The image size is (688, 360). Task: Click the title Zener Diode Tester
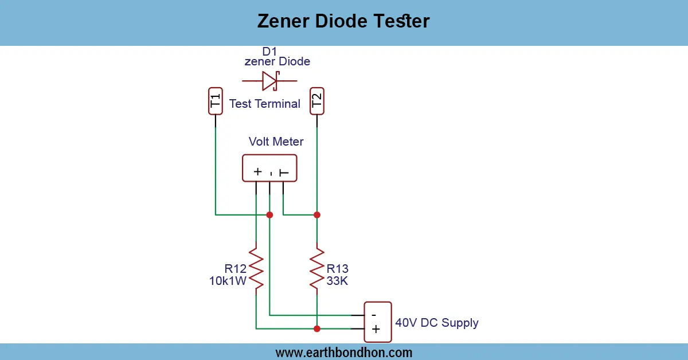[x=343, y=21]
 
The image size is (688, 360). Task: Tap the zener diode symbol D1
[x=269, y=81]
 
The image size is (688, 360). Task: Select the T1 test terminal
[x=215, y=101]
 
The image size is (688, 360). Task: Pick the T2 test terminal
[x=316, y=101]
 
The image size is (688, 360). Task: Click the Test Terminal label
[x=264, y=104]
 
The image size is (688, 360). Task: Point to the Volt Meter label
[x=276, y=141]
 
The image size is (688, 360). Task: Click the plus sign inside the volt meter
[x=257, y=171]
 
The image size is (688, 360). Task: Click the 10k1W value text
[x=228, y=281]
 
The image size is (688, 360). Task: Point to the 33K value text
[x=337, y=281]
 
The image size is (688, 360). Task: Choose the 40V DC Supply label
[x=437, y=323]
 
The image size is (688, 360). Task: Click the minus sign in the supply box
[x=374, y=315]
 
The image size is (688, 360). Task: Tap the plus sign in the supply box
[x=376, y=329]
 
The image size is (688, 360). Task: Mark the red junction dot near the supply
[x=316, y=329]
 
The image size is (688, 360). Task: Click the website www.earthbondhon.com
[x=343, y=353]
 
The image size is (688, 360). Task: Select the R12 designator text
[x=236, y=268]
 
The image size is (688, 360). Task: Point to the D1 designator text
[x=269, y=52]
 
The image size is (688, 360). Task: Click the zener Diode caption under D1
[x=277, y=61]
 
